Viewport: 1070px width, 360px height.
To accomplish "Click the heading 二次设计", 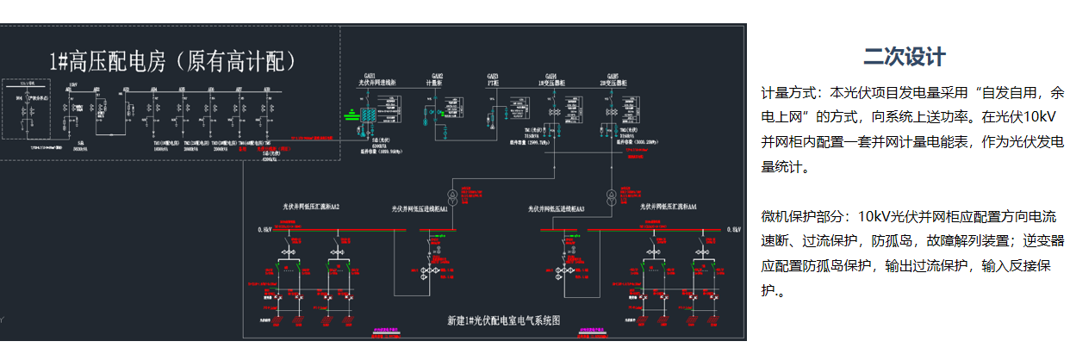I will point(904,58).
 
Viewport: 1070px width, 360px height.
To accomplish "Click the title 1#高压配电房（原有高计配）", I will point(173,61).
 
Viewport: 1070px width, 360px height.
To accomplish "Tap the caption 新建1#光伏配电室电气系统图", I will point(503,321).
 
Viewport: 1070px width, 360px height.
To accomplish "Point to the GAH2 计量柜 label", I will point(434,80).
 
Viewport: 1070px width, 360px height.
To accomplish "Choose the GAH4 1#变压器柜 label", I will point(551,80).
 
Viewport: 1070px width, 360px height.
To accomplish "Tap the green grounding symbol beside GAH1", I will point(351,113).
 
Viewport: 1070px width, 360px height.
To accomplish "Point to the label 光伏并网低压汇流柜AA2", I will point(312,207).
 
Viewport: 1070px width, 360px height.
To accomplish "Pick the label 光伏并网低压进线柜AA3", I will point(557,208).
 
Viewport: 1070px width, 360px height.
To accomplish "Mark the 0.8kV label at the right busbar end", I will point(733,231).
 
